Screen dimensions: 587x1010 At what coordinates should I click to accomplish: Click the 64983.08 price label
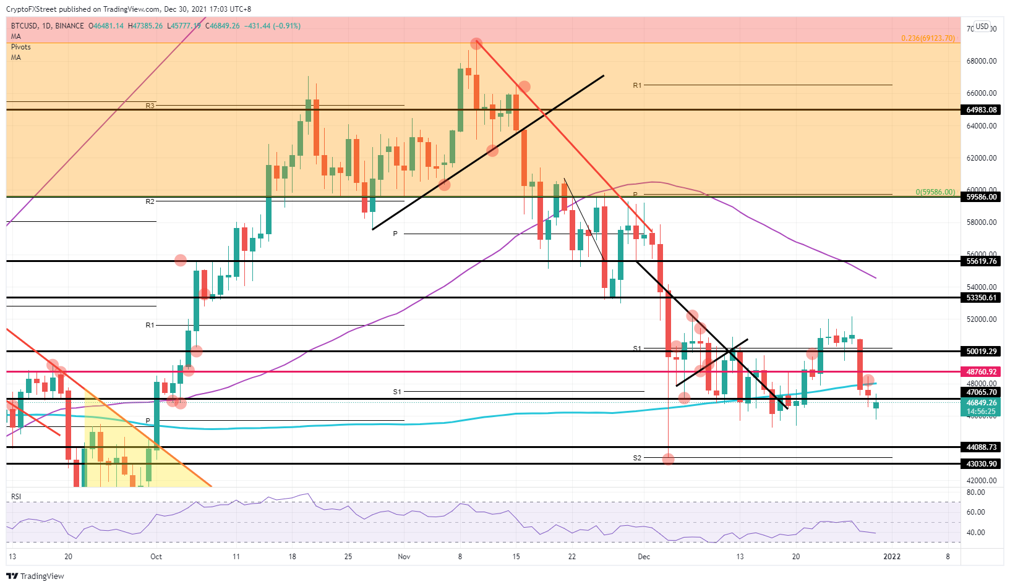982,110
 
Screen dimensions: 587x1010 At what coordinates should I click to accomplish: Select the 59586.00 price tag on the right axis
982,197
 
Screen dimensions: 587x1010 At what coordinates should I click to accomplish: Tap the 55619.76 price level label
982,261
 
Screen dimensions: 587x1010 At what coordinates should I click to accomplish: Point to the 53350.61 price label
982,298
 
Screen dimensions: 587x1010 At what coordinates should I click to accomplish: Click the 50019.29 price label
982,352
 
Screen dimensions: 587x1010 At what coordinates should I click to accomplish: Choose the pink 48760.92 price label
982,372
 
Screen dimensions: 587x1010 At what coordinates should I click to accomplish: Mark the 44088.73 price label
982,447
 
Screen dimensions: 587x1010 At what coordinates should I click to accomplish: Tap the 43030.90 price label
982,464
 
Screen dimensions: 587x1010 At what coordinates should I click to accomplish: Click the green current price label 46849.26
982,403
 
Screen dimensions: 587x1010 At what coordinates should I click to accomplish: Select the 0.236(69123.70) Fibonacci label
928,38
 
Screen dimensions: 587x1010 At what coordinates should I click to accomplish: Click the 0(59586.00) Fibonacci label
935,192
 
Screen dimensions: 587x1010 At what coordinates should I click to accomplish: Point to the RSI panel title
16,497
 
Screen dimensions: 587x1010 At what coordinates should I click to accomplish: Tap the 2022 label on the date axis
892,557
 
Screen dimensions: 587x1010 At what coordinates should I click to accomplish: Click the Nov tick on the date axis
404,557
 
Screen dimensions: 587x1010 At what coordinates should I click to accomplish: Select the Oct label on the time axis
156,557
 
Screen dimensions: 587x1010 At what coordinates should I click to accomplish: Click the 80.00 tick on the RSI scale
976,492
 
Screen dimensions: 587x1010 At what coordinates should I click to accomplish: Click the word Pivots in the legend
21,47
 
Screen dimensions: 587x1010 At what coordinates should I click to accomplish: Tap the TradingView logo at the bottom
35,576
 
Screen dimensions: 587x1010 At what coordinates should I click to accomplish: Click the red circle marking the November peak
476,44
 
